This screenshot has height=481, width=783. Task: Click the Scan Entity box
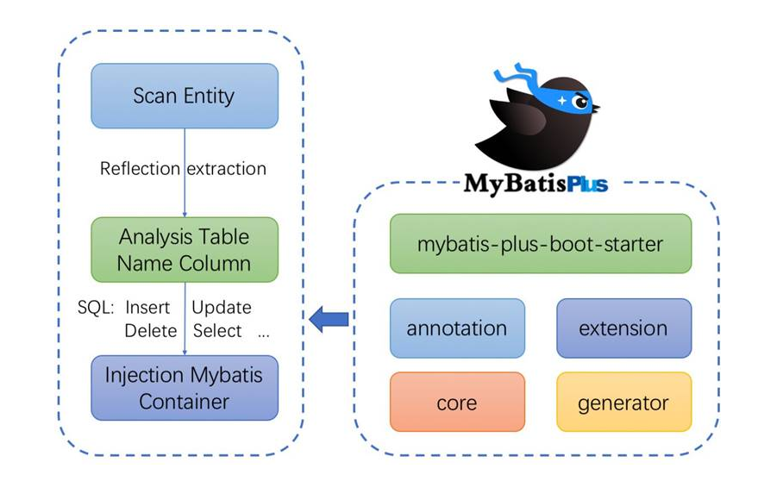point(185,96)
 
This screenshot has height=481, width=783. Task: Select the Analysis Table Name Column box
point(185,249)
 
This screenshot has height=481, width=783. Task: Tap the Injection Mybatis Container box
point(185,388)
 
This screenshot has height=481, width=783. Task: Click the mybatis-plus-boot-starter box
point(541,243)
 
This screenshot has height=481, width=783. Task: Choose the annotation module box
point(457,328)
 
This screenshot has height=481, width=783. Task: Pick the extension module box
point(623,328)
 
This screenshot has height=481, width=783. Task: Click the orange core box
point(457,402)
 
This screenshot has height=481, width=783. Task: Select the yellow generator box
point(623,402)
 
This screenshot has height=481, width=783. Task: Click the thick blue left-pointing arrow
point(329,319)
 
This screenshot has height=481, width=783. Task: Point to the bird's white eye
point(580,103)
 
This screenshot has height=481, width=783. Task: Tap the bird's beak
point(595,107)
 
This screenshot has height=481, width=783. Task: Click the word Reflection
point(140,169)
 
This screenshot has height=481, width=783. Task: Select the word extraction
point(226,169)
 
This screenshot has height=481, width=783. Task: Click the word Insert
point(147,308)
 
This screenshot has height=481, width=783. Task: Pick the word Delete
point(150,330)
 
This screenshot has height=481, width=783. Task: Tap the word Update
point(222,308)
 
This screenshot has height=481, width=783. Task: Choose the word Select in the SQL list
point(217,330)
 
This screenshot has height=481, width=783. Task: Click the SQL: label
point(96,308)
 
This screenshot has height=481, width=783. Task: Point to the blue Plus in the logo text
point(587,184)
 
